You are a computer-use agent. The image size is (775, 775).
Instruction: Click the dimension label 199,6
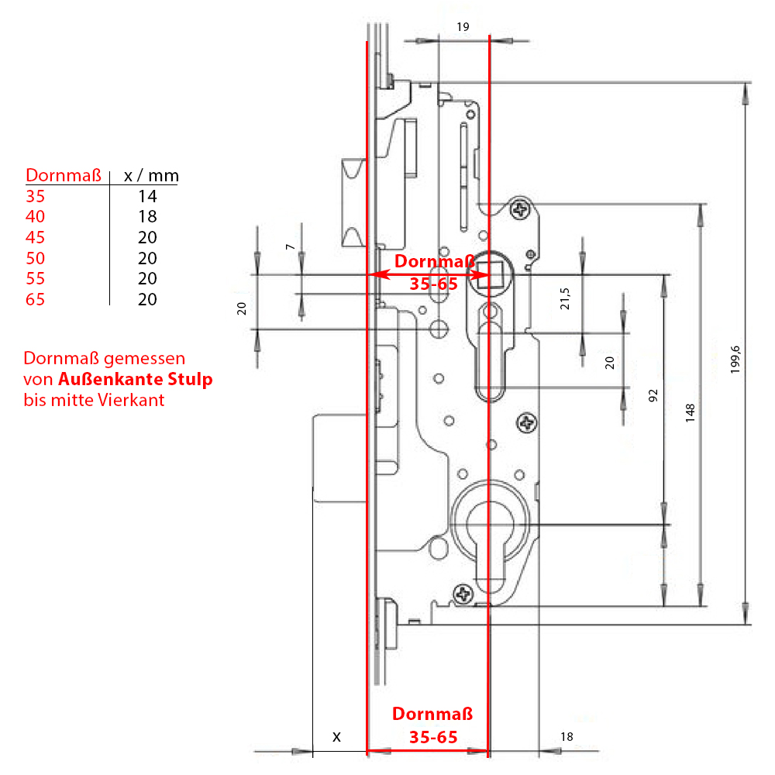[735, 360]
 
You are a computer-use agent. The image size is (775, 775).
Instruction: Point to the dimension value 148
[690, 413]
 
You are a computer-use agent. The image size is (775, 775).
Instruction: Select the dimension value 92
[653, 395]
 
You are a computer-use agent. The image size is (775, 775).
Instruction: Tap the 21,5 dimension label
[564, 298]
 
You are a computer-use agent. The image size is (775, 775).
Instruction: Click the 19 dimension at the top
[463, 26]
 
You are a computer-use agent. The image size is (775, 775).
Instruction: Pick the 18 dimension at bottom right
[567, 736]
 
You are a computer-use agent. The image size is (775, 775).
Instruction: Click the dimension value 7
[290, 246]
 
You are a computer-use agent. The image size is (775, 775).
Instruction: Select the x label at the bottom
[336, 737]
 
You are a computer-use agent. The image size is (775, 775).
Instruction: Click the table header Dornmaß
[64, 175]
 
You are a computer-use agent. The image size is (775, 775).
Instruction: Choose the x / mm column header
[151, 175]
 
